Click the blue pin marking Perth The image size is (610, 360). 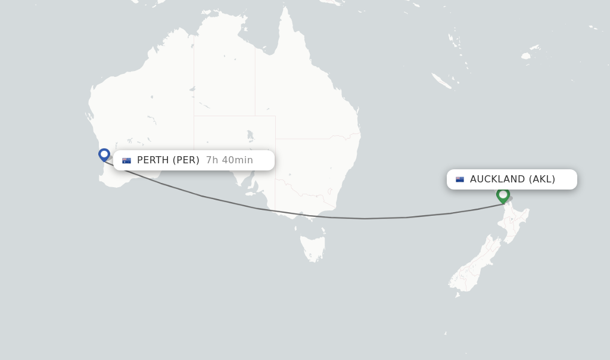[104, 154]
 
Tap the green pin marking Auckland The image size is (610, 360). [503, 194]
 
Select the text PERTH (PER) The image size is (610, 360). [168, 160]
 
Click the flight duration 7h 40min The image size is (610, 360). [229, 160]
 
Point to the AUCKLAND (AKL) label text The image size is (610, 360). [512, 179]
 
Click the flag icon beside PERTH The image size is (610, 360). [126, 160]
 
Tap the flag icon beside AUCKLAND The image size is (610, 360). [460, 179]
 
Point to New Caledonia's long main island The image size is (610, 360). [441, 80]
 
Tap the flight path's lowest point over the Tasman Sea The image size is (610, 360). [365, 219]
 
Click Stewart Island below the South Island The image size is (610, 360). [457, 294]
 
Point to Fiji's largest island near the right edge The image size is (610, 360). [525, 56]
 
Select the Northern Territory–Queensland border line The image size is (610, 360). [256, 83]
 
